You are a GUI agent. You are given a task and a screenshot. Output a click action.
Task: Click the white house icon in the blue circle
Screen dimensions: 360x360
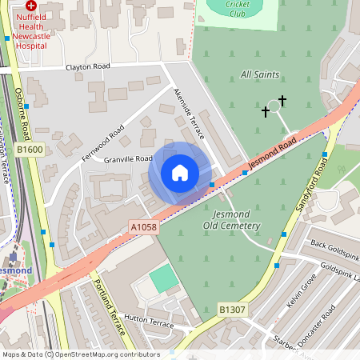tap(180, 172)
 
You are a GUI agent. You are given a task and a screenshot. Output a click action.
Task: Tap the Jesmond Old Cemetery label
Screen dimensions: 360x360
tap(236, 220)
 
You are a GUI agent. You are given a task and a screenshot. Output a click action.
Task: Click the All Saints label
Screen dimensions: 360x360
tap(260, 74)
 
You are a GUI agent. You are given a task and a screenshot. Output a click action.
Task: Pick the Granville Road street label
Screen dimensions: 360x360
tap(128, 158)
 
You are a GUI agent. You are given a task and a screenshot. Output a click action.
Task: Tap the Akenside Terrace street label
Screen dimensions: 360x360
tap(190, 114)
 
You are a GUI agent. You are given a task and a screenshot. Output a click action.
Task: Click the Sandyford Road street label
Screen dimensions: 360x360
tap(311, 186)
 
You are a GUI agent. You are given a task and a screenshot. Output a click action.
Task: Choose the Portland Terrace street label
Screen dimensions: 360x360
tap(108, 306)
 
